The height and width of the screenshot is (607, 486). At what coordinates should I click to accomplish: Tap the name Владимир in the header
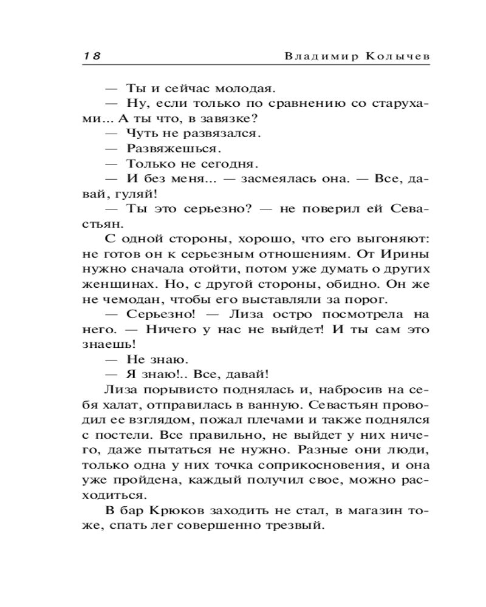(317, 55)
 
